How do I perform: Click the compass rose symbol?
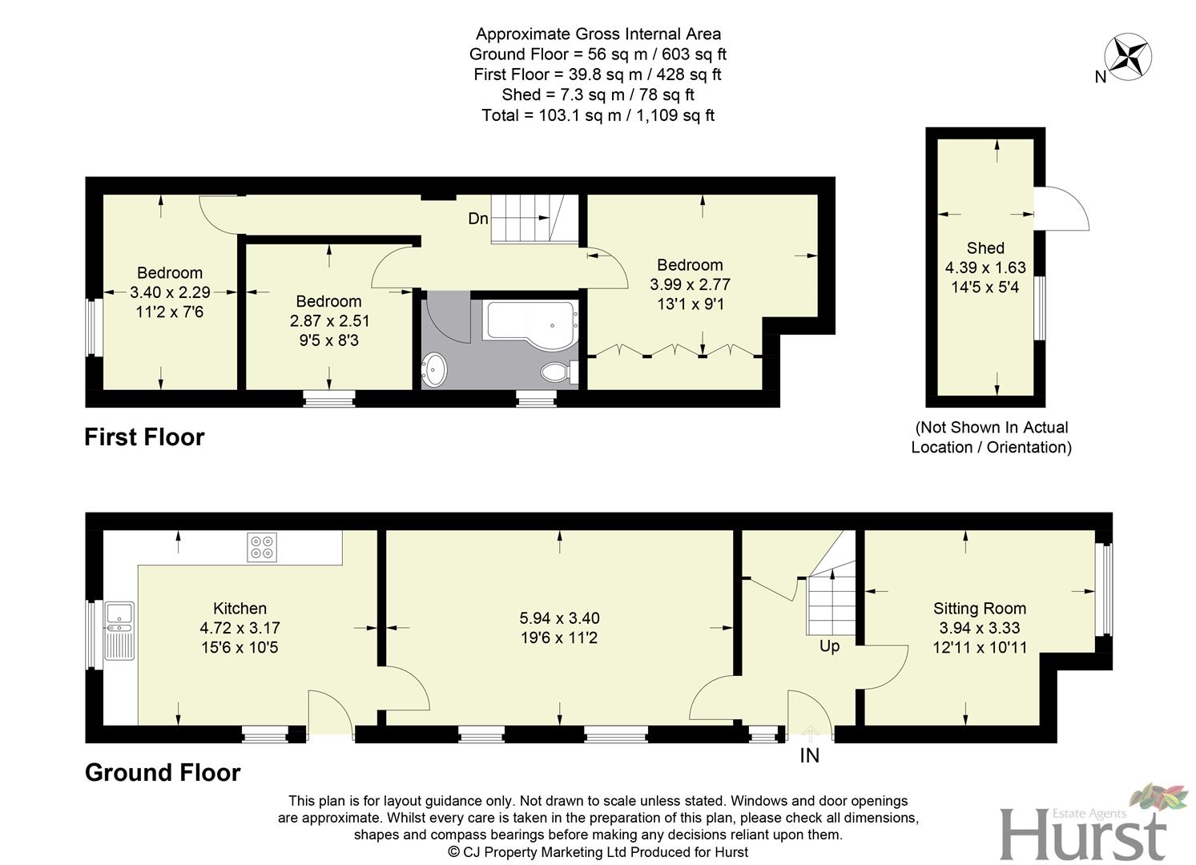[x=1128, y=55]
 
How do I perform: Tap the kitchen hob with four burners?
[x=263, y=547]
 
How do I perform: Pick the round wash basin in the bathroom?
[x=435, y=369]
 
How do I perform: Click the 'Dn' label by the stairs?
[x=478, y=218]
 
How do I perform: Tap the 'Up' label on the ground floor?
[x=829, y=646]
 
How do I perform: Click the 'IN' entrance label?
[x=809, y=755]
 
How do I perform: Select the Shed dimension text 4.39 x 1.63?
[x=985, y=268]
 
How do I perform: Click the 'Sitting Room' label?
[x=979, y=608]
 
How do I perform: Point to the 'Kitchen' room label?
[x=240, y=608]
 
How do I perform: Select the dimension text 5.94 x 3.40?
[x=559, y=618]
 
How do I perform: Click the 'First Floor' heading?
[x=144, y=437]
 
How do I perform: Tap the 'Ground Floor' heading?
[x=163, y=772]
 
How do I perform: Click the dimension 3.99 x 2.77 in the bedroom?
[x=690, y=284]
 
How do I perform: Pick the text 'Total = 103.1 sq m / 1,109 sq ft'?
[x=598, y=115]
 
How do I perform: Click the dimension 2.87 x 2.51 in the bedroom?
[x=328, y=320]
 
